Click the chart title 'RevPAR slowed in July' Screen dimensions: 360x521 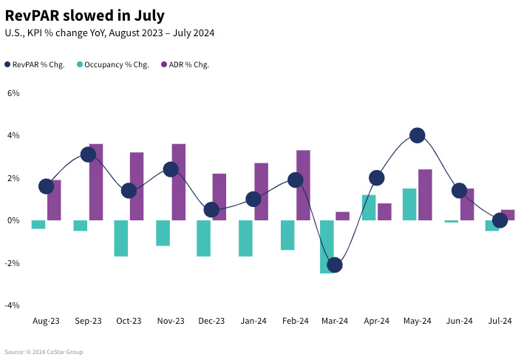[85, 15]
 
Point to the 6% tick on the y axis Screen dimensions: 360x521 [13, 93]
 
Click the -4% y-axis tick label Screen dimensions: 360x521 [13, 305]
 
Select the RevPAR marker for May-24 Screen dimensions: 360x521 [417, 135]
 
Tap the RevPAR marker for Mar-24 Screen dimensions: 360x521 [334, 265]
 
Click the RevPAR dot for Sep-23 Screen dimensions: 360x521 [89, 154]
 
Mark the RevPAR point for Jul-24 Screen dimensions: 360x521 [500, 220]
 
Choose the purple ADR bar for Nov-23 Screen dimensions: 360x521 [178, 182]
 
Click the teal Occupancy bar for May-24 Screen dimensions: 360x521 [409, 204]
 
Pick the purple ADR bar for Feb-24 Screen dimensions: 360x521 [303, 185]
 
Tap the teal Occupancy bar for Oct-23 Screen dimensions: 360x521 [121, 238]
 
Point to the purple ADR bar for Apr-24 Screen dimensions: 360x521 [384, 211]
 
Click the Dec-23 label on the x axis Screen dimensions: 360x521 [211, 321]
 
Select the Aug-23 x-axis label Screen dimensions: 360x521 [46, 321]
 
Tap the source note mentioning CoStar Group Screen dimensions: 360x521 [44, 352]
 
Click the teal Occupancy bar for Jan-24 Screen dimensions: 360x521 [245, 238]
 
